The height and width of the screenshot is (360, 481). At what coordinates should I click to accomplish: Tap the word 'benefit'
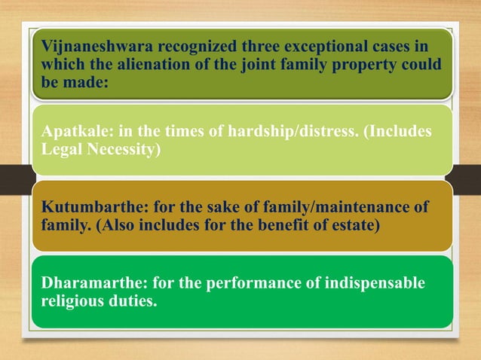274,226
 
